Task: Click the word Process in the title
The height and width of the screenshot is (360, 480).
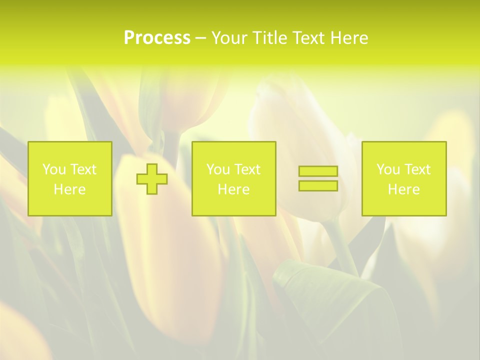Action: [157, 38]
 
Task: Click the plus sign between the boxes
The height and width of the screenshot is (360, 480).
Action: [152, 179]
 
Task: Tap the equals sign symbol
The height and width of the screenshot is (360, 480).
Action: [318, 178]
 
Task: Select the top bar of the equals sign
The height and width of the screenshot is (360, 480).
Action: [318, 171]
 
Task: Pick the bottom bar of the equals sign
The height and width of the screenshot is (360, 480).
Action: [318, 186]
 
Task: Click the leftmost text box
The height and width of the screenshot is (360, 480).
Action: [70, 179]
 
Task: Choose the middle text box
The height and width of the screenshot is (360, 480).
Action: [233, 179]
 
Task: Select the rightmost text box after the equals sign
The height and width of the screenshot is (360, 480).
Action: [404, 179]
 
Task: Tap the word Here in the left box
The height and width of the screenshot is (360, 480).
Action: [70, 189]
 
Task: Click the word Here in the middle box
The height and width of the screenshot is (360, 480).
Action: [233, 189]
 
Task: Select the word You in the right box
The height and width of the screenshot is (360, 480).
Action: [387, 169]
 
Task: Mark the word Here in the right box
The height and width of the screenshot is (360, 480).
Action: [404, 189]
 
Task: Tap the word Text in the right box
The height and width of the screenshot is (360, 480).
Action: [417, 169]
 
